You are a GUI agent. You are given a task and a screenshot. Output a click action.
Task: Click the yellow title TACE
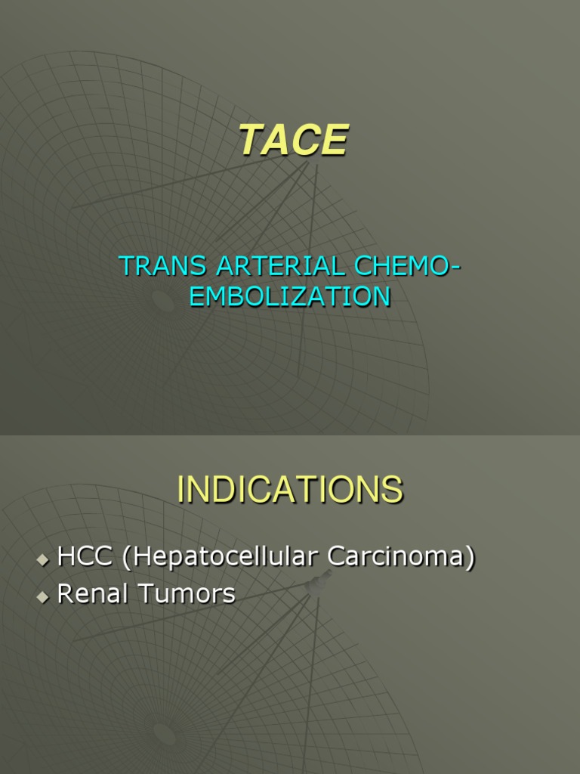294,141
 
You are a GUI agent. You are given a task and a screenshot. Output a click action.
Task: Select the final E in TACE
335,141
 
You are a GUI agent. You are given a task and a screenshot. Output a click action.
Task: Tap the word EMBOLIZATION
290,296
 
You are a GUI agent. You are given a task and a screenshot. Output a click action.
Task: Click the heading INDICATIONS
290,490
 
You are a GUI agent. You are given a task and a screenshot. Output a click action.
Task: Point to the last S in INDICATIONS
392,490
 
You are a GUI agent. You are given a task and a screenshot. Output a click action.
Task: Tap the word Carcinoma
395,558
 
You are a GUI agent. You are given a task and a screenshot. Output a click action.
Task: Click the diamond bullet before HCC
43,560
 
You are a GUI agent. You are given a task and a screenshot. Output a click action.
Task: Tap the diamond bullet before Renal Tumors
43,596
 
